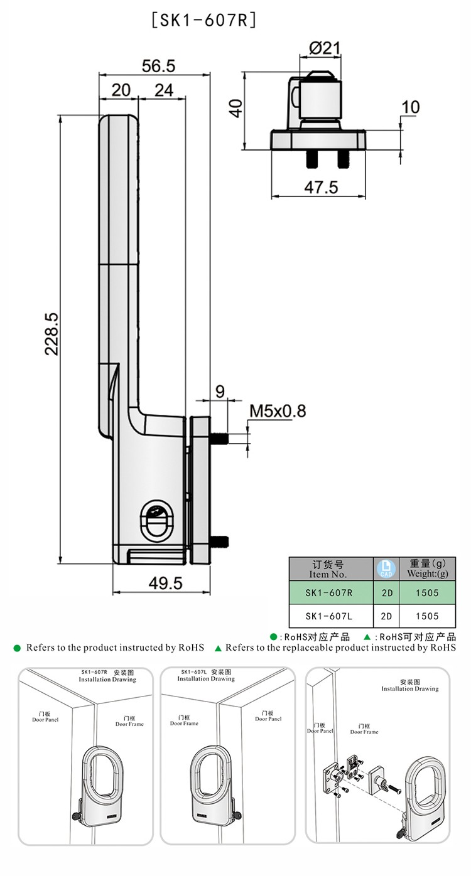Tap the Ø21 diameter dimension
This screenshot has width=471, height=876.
[x=325, y=48]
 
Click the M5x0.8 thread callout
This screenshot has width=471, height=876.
[x=278, y=411]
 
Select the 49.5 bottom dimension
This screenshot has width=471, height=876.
[x=166, y=583]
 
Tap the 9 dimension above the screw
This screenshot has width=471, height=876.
[x=220, y=392]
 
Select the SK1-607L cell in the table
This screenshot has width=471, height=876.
[x=328, y=616]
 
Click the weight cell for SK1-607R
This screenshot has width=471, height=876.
[x=427, y=592]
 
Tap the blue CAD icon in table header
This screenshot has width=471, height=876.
[x=385, y=569]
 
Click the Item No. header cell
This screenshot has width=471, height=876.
[x=328, y=569]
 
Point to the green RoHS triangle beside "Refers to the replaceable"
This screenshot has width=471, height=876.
[x=218, y=648]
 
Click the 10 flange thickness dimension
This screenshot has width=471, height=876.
[x=410, y=107]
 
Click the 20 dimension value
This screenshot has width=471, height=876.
[x=121, y=90]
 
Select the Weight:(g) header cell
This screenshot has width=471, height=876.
[x=427, y=569]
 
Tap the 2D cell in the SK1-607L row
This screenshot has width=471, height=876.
[x=386, y=616]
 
